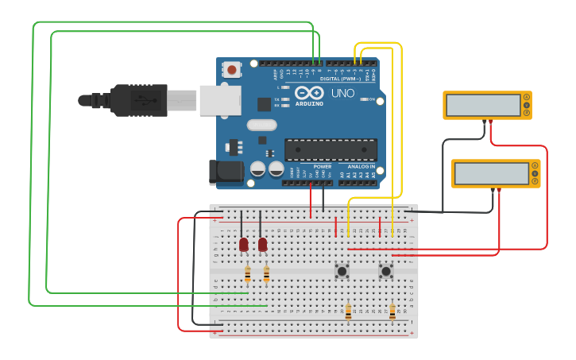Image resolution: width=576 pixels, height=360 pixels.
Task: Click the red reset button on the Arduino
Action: tap(232, 70)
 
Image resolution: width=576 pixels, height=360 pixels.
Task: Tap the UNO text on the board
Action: tap(342, 93)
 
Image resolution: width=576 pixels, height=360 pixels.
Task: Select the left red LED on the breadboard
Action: tap(243, 244)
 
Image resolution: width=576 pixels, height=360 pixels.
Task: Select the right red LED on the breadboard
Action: tap(262, 244)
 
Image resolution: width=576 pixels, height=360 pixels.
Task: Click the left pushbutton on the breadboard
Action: tap(342, 271)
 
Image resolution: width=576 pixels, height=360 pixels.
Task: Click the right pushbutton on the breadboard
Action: tap(386, 271)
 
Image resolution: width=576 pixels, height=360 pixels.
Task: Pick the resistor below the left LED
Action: tap(247, 274)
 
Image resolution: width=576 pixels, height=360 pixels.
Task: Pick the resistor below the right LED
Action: tap(266, 274)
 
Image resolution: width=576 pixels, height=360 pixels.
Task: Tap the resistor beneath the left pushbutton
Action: tap(348, 312)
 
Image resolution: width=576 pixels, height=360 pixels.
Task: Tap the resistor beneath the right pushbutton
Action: tap(392, 312)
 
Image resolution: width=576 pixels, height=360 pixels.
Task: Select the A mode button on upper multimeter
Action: tap(527, 97)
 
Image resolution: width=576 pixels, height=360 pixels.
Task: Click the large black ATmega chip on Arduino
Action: tap(331, 149)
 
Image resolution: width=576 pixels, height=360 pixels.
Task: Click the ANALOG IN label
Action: tap(361, 166)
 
